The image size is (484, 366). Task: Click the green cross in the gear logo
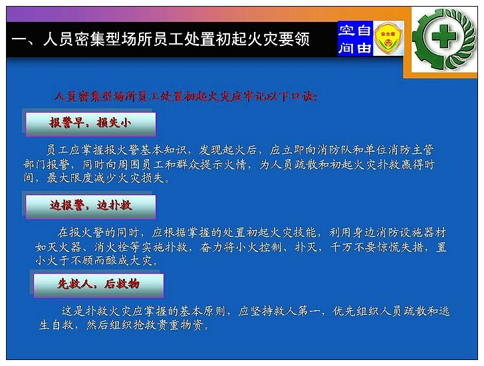click(443, 37)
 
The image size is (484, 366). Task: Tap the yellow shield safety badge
click(388, 39)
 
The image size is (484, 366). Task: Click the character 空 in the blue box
click(347, 30)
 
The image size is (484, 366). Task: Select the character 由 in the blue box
click(364, 47)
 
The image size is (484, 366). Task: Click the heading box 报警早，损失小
click(90, 124)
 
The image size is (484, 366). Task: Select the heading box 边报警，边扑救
click(90, 206)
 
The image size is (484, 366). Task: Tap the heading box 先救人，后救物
click(98, 285)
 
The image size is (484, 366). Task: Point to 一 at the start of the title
click(19, 39)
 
